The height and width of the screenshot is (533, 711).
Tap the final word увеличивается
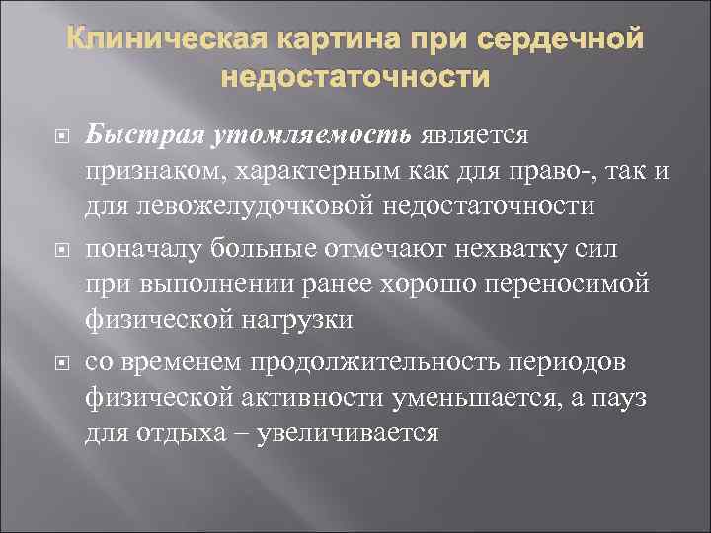[347, 432]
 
